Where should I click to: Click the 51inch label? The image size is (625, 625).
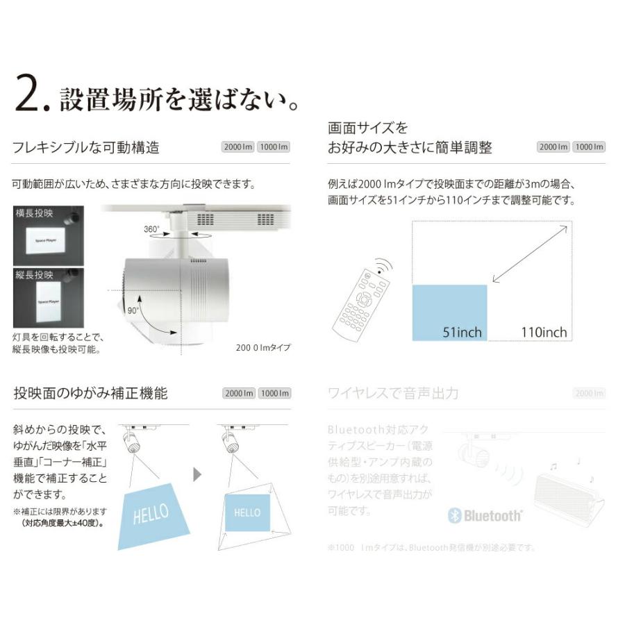pos(462,332)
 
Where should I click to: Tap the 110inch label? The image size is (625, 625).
pos(544,332)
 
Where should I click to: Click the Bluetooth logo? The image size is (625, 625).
pos(485,516)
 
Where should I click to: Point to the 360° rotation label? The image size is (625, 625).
pos(151,228)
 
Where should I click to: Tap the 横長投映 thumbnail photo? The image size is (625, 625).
pos(49,235)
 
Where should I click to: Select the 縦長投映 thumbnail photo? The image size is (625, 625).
pos(49,298)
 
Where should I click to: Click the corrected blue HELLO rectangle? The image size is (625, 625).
pos(247,512)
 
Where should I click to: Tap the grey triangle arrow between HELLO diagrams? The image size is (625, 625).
pos(197,475)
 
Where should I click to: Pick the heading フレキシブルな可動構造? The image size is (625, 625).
pos(86,147)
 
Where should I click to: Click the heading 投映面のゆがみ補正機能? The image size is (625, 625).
pos(90,393)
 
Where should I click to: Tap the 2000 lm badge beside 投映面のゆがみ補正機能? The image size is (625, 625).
pos(238,394)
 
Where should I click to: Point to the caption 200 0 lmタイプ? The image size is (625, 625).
pos(264,348)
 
